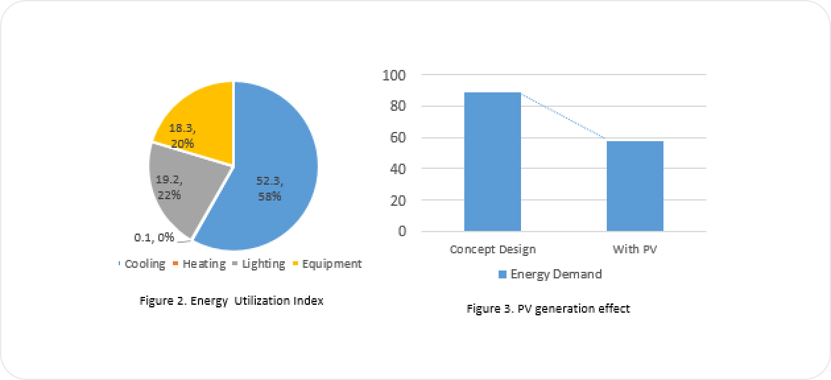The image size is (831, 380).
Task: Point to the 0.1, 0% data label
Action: click(x=154, y=237)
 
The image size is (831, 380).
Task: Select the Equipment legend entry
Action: click(x=331, y=264)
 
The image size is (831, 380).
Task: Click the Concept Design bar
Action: click(x=493, y=162)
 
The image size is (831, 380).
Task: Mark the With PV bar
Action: click(x=634, y=186)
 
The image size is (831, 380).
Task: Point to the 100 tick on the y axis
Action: click(x=394, y=75)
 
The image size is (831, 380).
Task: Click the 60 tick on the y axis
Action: click(x=397, y=138)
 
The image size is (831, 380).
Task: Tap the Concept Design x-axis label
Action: click(x=493, y=249)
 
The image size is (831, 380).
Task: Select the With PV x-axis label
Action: click(x=635, y=249)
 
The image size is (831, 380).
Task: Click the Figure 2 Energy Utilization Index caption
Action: click(x=231, y=301)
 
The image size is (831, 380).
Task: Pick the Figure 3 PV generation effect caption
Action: click(x=548, y=308)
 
